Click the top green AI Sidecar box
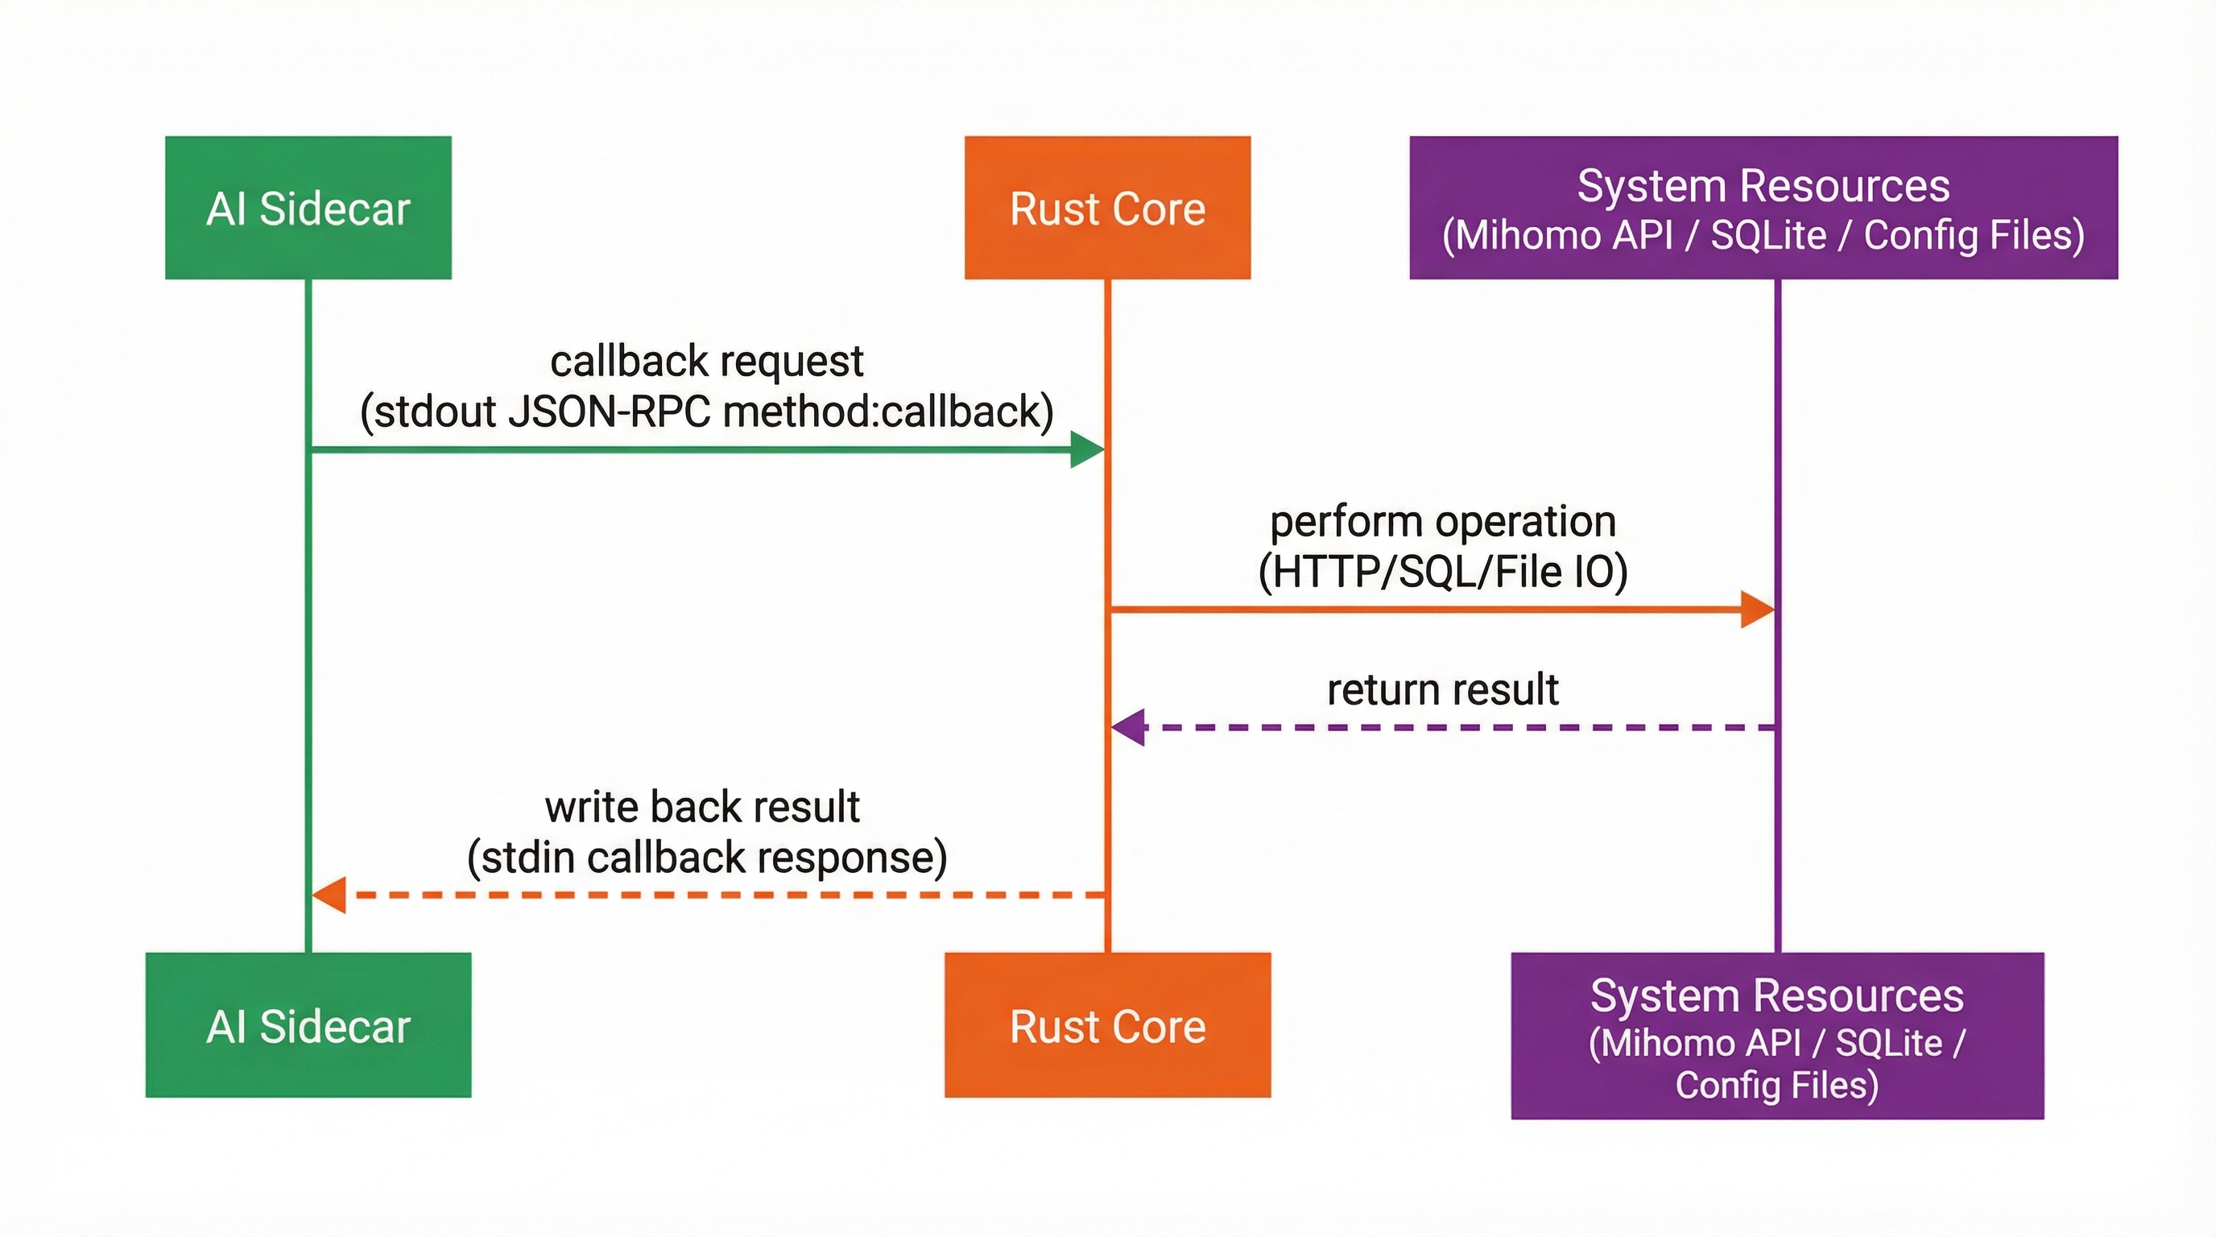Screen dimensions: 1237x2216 coord(308,207)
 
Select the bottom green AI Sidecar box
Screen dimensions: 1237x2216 coord(308,1024)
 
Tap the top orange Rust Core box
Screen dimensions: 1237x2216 coord(1107,207)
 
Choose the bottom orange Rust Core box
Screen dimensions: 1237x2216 coord(1107,1024)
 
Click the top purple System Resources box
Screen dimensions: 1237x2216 coord(1763,207)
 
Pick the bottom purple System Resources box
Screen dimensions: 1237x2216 coord(1776,1035)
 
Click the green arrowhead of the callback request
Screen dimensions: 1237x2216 coord(1085,450)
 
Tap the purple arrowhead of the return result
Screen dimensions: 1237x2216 coord(1130,728)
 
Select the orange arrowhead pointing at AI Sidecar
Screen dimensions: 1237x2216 coord(329,895)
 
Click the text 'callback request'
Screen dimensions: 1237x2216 coord(706,361)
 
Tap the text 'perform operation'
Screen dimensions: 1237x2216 coord(1443,521)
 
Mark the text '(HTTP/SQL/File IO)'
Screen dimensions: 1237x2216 coord(1443,572)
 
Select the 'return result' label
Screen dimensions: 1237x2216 coord(1443,689)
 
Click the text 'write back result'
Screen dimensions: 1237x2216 coord(702,807)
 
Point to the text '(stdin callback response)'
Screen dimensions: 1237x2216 coord(706,858)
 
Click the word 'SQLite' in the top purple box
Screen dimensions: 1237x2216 coord(1767,236)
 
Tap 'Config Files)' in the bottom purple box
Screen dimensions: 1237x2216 coord(1776,1085)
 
